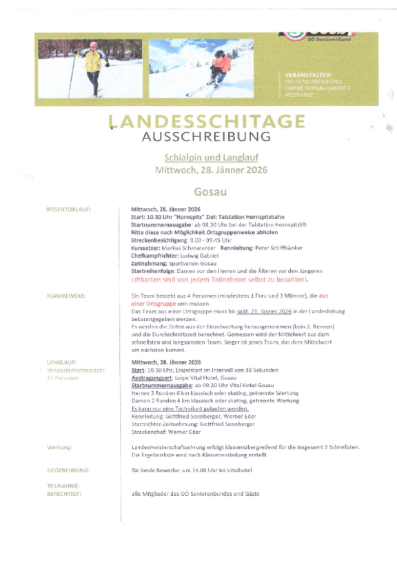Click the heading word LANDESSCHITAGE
tap(206, 122)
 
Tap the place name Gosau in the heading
tap(210, 191)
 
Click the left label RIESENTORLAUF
tap(69, 209)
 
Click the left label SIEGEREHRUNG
tap(68, 470)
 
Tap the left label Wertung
tap(59, 447)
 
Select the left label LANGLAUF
tap(61, 362)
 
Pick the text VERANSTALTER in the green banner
tap(308, 75)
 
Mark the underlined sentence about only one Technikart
tap(181, 408)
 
